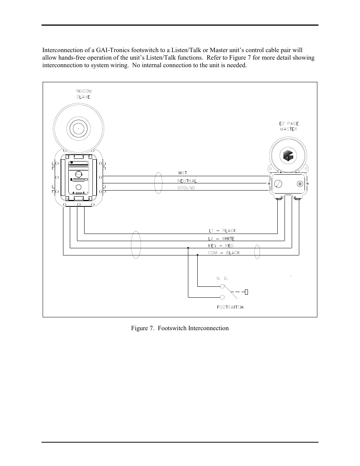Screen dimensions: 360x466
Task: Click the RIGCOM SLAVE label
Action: pyautogui.click(x=84, y=94)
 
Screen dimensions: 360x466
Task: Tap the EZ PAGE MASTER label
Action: pyautogui.click(x=289, y=126)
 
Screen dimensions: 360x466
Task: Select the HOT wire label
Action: pyautogui.click(x=183, y=173)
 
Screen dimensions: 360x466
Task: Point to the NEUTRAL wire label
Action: pyautogui.click(x=187, y=181)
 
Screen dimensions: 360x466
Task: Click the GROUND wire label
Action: pyautogui.click(x=186, y=188)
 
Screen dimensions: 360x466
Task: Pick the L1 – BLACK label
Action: pyautogui.click(x=223, y=231)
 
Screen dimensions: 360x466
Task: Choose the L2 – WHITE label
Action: pyautogui.click(x=221, y=238)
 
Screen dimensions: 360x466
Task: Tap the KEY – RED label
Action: pyautogui.click(x=221, y=246)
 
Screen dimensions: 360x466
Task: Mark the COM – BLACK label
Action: pyautogui.click(x=224, y=253)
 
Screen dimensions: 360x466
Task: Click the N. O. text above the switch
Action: pyautogui.click(x=222, y=278)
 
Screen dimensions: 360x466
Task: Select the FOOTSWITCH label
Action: pyautogui.click(x=230, y=307)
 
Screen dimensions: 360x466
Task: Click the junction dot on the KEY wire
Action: pyautogui.click(x=188, y=248)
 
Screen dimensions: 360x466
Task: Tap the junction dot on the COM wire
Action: pyautogui.click(x=197, y=255)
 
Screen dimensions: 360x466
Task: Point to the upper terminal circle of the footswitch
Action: pyautogui.click(x=222, y=286)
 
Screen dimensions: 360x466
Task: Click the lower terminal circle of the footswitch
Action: pyautogui.click(x=222, y=297)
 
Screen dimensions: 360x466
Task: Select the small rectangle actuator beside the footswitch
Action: pyautogui.click(x=246, y=292)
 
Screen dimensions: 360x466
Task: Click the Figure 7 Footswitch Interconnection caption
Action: pyautogui.click(x=180, y=328)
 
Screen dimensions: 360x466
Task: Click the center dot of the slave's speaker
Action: pyautogui.click(x=78, y=129)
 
